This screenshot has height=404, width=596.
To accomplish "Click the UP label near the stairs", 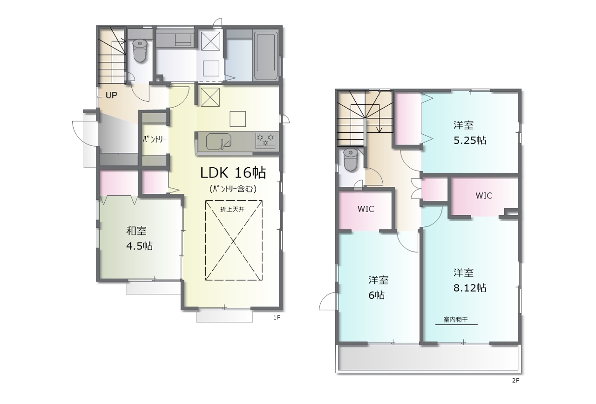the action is coord(111,95).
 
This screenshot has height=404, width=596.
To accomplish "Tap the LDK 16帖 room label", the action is coord(233,173).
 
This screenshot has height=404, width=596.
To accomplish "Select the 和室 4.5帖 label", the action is coord(139,239).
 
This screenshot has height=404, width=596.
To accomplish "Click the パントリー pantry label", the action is coord(155,139).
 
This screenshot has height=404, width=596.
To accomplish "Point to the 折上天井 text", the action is coord(232,209).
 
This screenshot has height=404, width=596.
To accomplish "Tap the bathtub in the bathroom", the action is coord(266,56).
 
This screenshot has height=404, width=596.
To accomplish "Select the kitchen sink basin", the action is coord(218,141).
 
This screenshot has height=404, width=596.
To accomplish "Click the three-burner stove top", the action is coord(265,140).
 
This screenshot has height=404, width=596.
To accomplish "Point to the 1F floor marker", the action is coord(277,317).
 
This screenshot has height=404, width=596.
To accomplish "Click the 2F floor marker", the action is coord(515,380).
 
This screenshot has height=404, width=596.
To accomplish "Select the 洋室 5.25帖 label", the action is coord(470,133).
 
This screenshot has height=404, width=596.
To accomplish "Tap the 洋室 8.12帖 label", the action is coord(470,280).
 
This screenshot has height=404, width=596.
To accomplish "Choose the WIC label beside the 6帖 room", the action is coord(366,209).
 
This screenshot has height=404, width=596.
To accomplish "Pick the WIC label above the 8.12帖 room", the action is coord(484,196).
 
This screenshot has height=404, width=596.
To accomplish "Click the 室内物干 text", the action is coord(455,319).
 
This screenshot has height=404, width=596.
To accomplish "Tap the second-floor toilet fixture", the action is coord(351,160).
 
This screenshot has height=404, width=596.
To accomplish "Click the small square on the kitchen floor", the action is coord(237,119).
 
